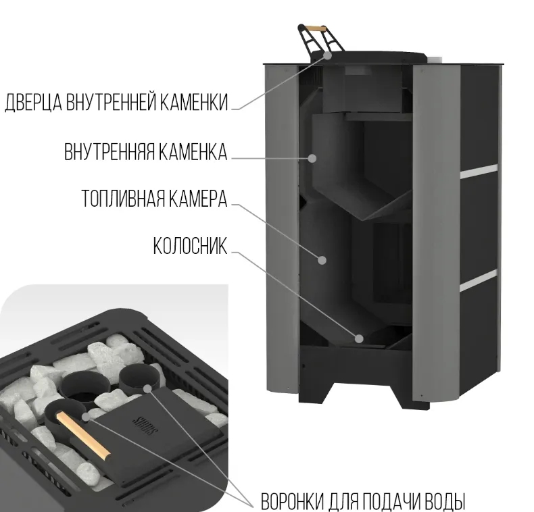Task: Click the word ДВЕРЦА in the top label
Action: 33,102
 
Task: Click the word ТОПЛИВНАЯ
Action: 122,198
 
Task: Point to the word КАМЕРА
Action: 197,198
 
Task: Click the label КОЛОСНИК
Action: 190,245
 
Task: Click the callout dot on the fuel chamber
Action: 322,260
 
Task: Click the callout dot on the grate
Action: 359,338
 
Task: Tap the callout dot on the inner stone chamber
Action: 312,158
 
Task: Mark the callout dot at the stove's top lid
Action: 327,55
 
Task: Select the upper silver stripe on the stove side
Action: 479,172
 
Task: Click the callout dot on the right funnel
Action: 147,388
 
